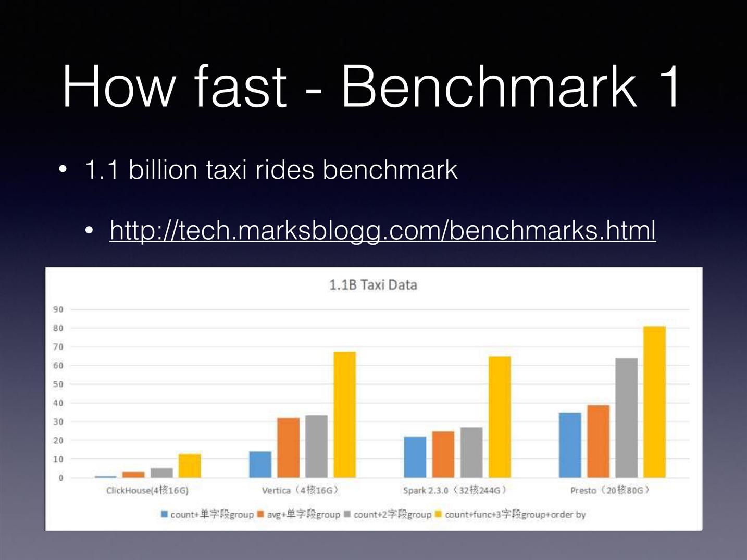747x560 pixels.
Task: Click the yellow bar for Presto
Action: pyautogui.click(x=654, y=402)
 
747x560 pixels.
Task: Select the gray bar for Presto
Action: pyautogui.click(x=626, y=418)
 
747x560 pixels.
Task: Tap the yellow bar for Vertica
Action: pyautogui.click(x=344, y=414)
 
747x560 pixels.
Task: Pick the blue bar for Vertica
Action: pyautogui.click(x=260, y=464)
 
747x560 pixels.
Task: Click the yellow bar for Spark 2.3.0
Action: pyautogui.click(x=500, y=417)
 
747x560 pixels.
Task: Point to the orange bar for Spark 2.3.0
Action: pyautogui.click(x=443, y=455)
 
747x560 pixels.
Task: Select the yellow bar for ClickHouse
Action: pyautogui.click(x=190, y=466)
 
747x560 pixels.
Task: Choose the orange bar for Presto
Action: pyautogui.click(x=599, y=441)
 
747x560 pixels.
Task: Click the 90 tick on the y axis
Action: pyautogui.click(x=58, y=309)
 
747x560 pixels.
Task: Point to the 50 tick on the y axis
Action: pyautogui.click(x=58, y=384)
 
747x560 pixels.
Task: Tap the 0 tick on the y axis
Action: pyautogui.click(x=61, y=478)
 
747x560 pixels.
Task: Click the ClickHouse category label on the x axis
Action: pyautogui.click(x=147, y=490)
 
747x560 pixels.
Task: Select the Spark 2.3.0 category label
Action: pyautogui.click(x=455, y=490)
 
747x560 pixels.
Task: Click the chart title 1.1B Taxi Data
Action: pyautogui.click(x=373, y=285)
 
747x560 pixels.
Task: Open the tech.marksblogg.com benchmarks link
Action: pyautogui.click(x=382, y=231)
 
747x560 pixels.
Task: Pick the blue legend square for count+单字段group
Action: pyautogui.click(x=165, y=514)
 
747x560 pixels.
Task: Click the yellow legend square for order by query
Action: pyautogui.click(x=438, y=514)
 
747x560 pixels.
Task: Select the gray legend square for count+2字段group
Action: pyautogui.click(x=347, y=514)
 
